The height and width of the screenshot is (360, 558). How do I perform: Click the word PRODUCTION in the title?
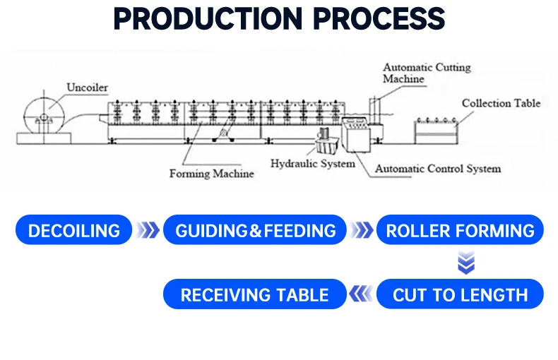pyautogui.click(x=208, y=18)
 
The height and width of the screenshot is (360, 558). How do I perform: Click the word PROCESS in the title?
pyautogui.click(x=379, y=18)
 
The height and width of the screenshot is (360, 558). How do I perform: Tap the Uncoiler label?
pyautogui.click(x=87, y=88)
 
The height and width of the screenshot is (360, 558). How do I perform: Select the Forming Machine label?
pyautogui.click(x=211, y=174)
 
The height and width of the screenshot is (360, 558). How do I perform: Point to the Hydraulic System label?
pyautogui.click(x=313, y=164)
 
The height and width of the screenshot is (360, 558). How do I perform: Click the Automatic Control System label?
pyautogui.click(x=438, y=169)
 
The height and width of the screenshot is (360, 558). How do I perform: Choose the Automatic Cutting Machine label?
pyautogui.click(x=427, y=73)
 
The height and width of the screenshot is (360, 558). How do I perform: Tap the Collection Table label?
pyautogui.click(x=501, y=103)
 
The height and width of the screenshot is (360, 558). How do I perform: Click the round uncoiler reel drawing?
pyautogui.click(x=44, y=116)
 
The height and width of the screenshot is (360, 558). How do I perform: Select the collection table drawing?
pyautogui.click(x=437, y=131)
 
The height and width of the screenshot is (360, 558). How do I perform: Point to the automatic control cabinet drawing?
pyautogui.click(x=356, y=134)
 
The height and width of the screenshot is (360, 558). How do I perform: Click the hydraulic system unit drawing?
pyautogui.click(x=326, y=142)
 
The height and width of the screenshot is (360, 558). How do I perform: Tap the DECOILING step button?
pyautogui.click(x=73, y=230)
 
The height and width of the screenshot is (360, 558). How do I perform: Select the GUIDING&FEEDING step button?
pyautogui.click(x=255, y=230)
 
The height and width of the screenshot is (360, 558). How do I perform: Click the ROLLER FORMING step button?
pyautogui.click(x=460, y=230)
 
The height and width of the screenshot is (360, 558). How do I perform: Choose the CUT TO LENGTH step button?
pyautogui.click(x=460, y=294)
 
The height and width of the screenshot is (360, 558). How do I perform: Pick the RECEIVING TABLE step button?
pyautogui.click(x=255, y=294)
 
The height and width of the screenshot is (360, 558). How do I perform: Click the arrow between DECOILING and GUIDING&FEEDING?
pyautogui.click(x=148, y=230)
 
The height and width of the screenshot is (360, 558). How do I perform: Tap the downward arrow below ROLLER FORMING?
pyautogui.click(x=466, y=263)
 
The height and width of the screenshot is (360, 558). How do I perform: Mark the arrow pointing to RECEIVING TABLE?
pyautogui.click(x=361, y=294)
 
